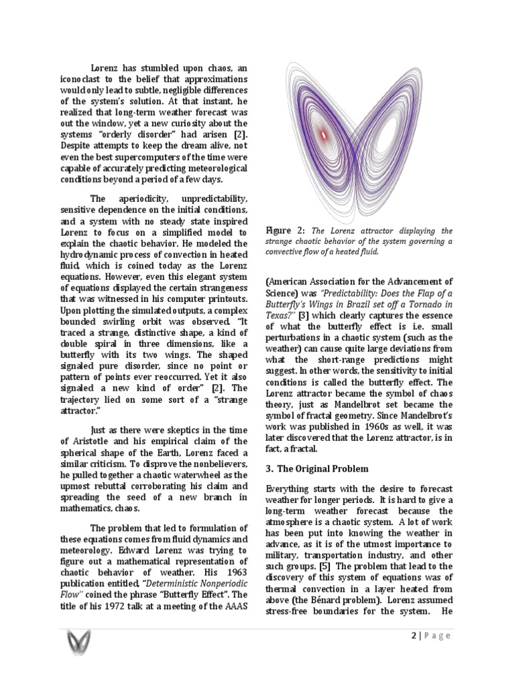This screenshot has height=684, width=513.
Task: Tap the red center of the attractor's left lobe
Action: (x=324, y=135)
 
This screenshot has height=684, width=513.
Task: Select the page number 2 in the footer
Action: (x=412, y=635)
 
